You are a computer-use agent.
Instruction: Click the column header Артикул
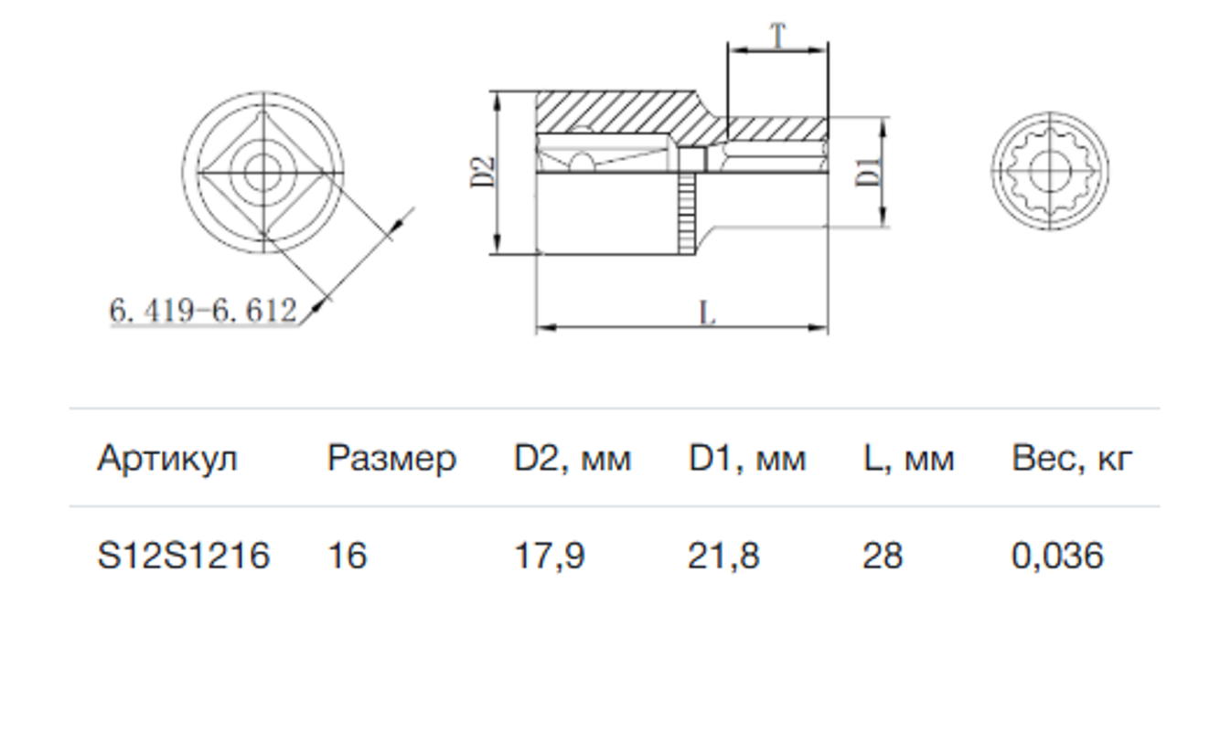click(166, 458)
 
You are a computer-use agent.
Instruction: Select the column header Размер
click(391, 458)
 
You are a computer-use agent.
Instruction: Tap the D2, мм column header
click(572, 458)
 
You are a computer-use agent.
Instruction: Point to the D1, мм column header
click(746, 458)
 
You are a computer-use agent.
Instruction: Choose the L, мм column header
click(907, 458)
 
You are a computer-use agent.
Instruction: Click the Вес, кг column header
click(1071, 458)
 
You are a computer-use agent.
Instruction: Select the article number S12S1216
click(183, 556)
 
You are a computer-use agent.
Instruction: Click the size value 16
click(347, 556)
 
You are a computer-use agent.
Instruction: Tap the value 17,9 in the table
click(549, 556)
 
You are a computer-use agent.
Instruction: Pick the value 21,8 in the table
click(723, 556)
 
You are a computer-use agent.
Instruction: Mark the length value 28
click(882, 556)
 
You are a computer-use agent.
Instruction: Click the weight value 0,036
click(1057, 556)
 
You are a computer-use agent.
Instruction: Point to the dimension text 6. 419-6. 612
click(203, 312)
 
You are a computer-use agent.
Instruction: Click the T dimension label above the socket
click(777, 37)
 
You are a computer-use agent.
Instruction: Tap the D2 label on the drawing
click(483, 173)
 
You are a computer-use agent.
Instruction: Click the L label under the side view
click(707, 313)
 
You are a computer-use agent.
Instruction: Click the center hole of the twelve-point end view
click(1049, 169)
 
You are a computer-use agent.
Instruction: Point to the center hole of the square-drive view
click(263, 169)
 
